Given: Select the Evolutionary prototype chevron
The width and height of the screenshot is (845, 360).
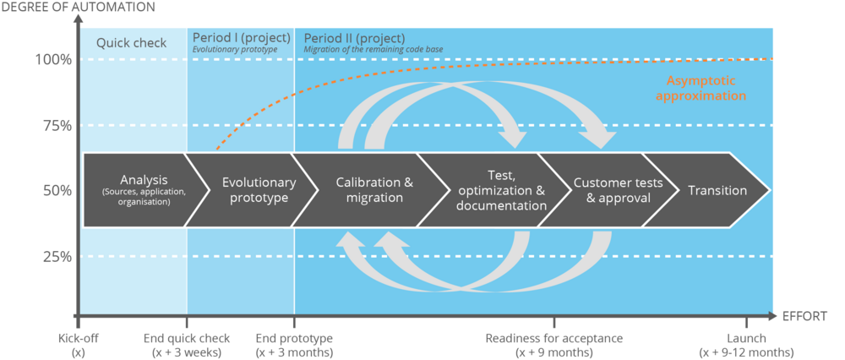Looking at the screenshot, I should coord(258,190).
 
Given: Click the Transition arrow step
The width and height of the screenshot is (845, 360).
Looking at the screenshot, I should coord(717,190).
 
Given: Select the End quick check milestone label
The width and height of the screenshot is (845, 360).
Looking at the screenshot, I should coord(186,345).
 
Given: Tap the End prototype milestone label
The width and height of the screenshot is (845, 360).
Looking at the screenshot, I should coord(294,345).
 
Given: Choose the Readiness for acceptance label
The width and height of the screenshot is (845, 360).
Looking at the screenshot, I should coord(554,345).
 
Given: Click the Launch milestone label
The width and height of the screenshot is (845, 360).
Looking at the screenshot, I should coord(746,345).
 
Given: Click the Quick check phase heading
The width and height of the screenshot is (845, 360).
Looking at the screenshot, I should coord(131,43).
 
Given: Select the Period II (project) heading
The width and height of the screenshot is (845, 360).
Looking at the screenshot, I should coord(354,38).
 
